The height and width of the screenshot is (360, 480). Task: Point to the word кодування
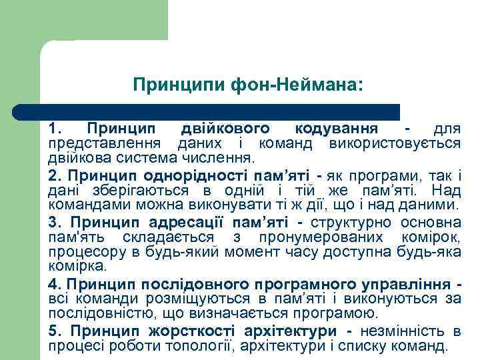[x=337, y=128]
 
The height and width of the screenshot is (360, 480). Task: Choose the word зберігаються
[x=121, y=190]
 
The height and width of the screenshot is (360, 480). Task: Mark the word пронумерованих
[x=331, y=237]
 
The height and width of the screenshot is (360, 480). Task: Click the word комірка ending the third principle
[x=77, y=265]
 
